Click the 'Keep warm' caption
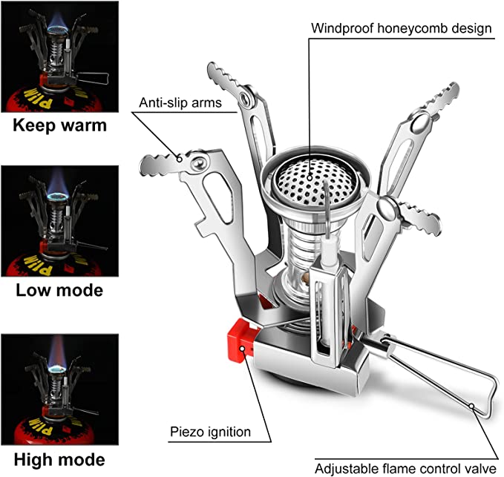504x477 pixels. pyautogui.click(x=60, y=125)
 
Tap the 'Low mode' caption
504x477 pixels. pyautogui.click(x=59, y=289)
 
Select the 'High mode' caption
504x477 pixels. pyautogui.click(x=59, y=458)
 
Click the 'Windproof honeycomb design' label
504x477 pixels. pyautogui.click(x=401, y=29)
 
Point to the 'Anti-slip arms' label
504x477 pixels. pyautogui.click(x=180, y=102)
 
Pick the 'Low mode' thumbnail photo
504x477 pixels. pyautogui.click(x=59, y=220)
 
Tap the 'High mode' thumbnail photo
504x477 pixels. pyautogui.click(x=59, y=388)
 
